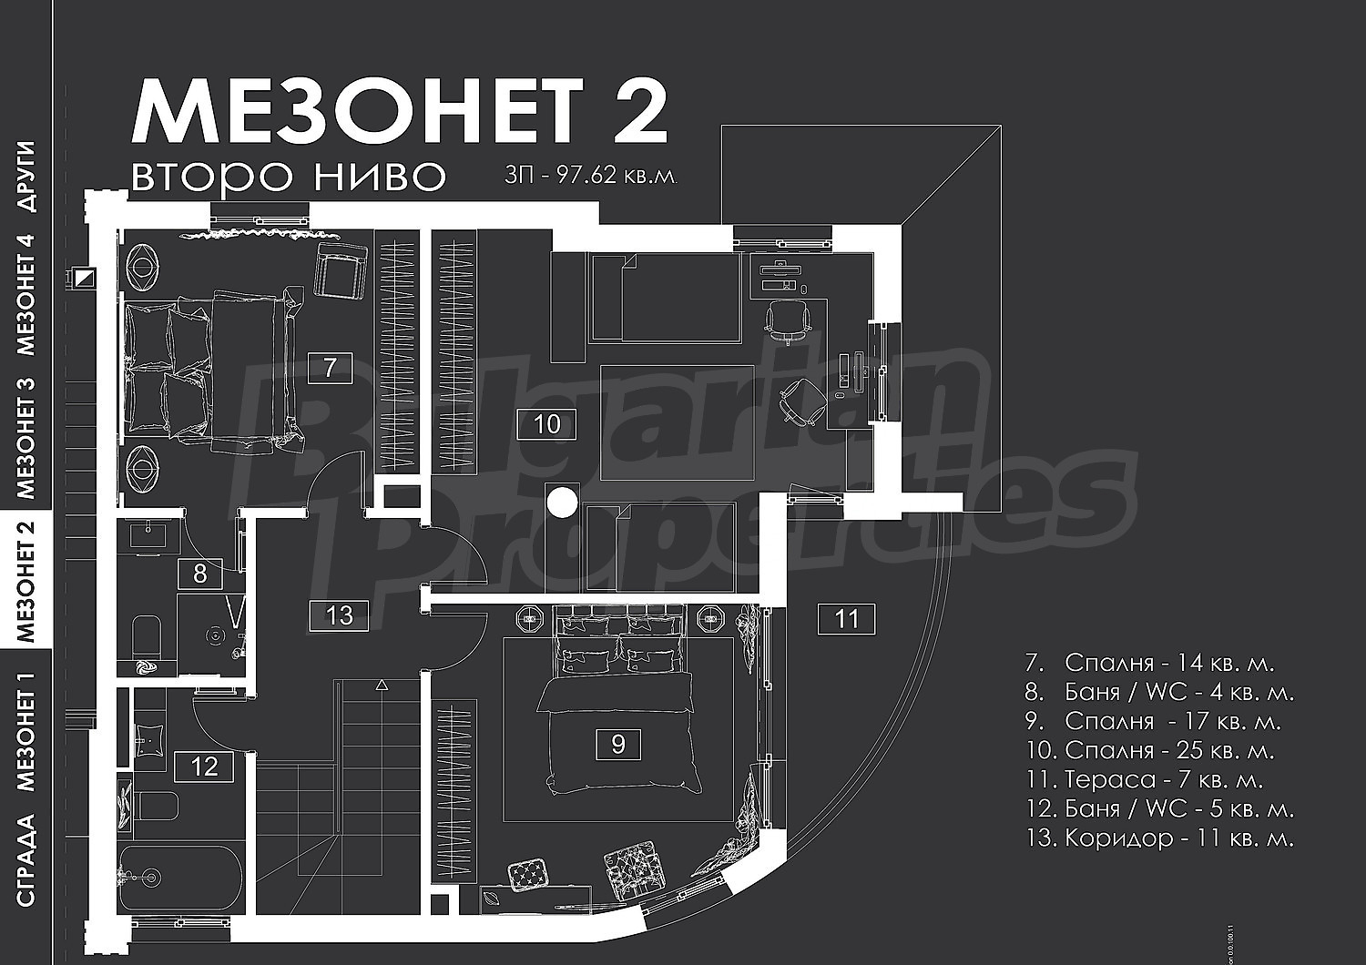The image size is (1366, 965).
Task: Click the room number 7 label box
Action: point(330,368)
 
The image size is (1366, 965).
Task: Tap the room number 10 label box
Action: point(546,424)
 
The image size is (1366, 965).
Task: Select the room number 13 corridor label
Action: point(339,615)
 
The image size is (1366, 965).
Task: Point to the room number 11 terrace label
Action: point(846,619)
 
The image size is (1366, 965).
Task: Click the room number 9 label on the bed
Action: point(617,745)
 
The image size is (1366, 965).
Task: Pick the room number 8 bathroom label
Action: point(200,574)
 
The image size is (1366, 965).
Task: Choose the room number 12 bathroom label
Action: point(204,767)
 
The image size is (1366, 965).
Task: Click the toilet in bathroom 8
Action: point(147,635)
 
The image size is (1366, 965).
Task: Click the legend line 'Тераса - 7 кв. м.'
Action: point(1144,779)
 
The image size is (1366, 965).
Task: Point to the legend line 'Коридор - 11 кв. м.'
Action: point(1159,838)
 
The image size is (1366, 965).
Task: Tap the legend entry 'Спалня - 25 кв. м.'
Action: point(1150,750)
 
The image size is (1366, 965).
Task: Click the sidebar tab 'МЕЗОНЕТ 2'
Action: point(26,583)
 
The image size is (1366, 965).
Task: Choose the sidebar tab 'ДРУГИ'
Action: point(26,177)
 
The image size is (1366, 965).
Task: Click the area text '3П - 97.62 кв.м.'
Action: point(591,177)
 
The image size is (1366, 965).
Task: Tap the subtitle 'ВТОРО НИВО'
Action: point(289,177)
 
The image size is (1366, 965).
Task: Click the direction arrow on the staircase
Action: point(382,686)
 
